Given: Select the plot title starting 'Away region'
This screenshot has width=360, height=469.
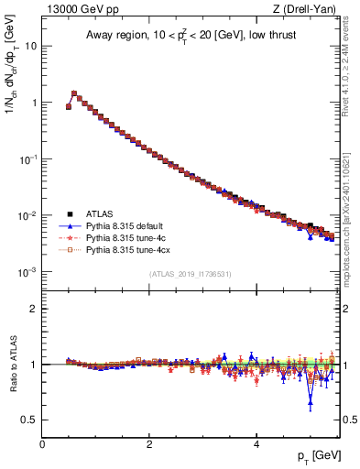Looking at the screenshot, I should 190,36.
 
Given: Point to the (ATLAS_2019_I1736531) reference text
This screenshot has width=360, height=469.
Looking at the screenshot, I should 190,274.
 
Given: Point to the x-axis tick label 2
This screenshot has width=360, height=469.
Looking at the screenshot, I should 148,442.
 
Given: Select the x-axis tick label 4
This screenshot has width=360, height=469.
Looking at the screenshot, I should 256,442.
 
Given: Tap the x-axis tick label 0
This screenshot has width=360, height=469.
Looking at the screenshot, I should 42,442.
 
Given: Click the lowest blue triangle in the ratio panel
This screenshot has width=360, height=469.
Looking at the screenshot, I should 311,400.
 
